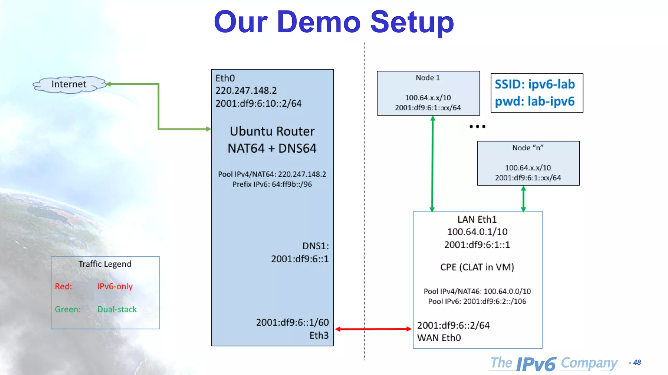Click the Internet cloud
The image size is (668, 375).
point(69,84)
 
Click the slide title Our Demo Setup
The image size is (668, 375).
point(334,22)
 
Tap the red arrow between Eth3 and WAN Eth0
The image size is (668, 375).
point(373,329)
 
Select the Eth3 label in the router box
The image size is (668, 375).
point(319,336)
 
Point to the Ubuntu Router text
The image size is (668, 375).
point(272,132)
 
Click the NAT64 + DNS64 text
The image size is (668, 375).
point(272,148)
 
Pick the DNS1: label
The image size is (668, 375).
point(315,246)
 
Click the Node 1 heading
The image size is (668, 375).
point(428,78)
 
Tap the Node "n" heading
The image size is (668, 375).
point(528,148)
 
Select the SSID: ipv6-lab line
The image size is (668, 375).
point(535,84)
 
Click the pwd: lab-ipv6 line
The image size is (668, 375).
point(535,102)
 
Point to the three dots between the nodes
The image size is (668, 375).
point(477,126)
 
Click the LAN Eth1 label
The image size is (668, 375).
point(477,220)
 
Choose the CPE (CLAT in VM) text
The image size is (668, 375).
point(477,267)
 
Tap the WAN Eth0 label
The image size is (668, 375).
point(439,338)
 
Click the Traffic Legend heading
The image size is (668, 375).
point(105,264)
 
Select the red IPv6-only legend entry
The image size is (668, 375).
point(115,286)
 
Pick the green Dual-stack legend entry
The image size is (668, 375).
point(117,309)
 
